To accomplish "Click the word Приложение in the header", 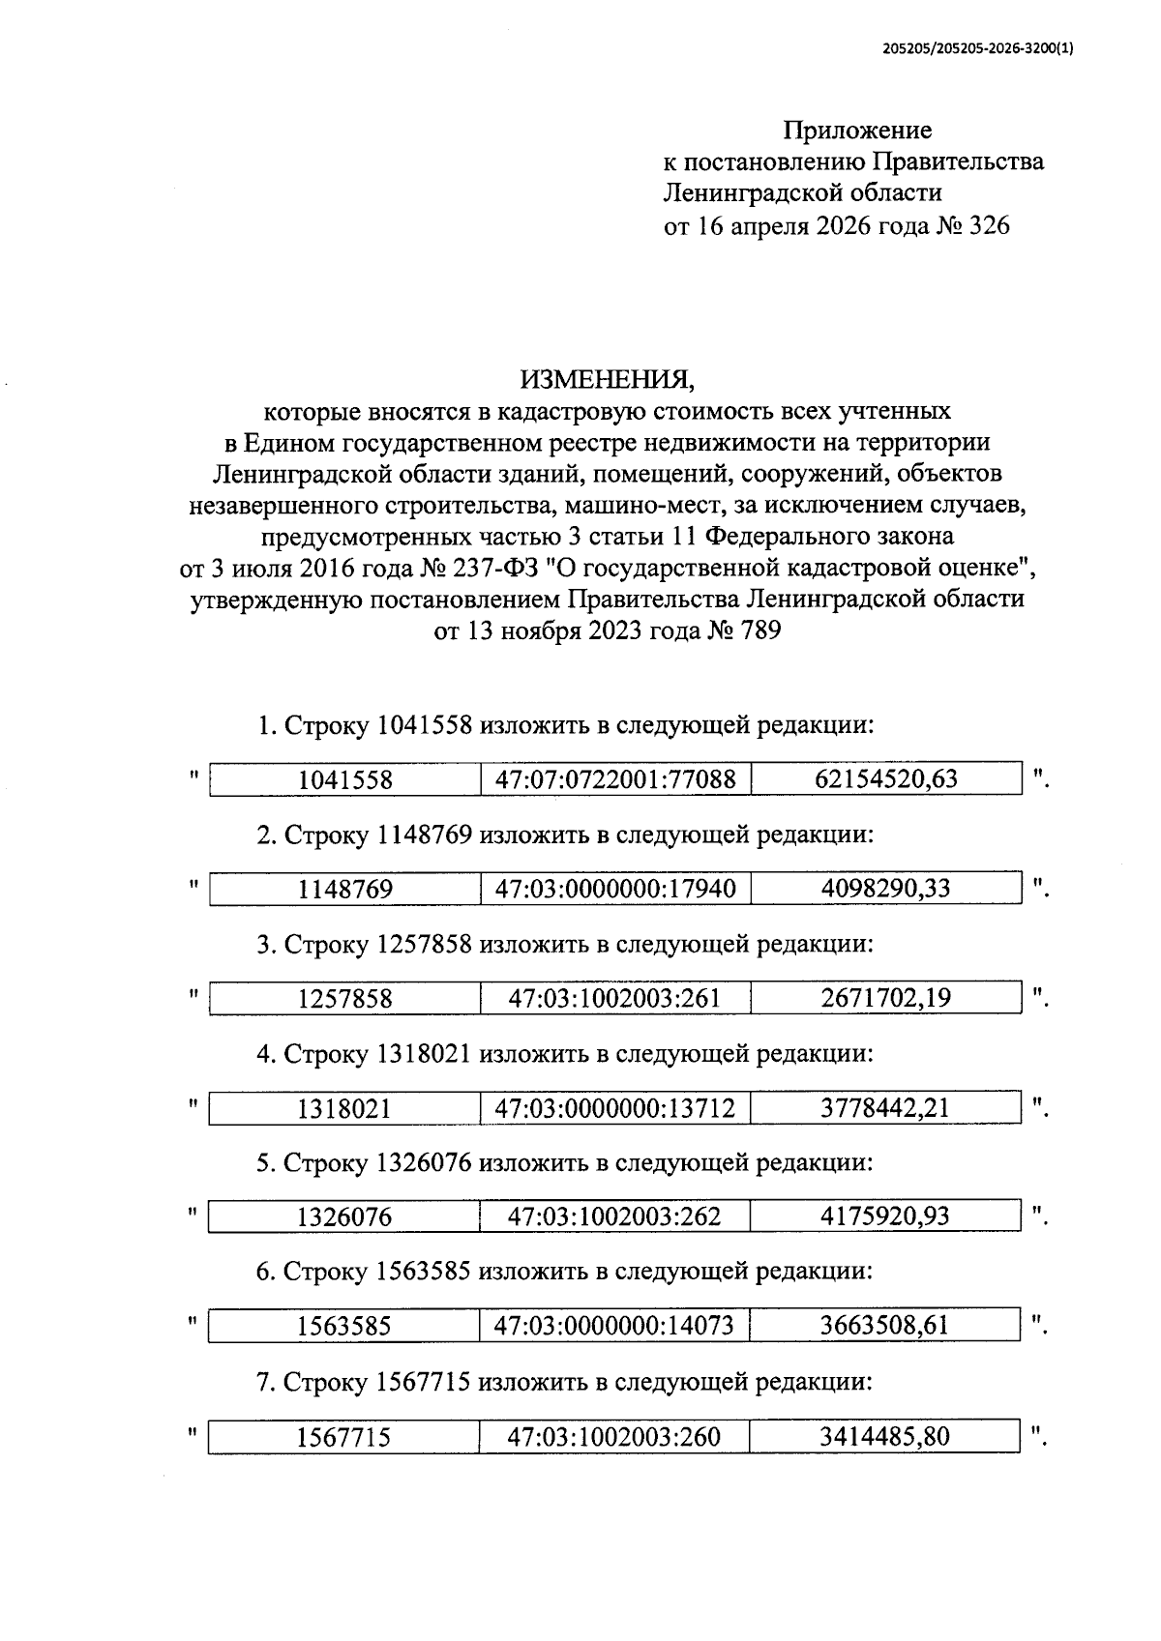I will click(x=857, y=130).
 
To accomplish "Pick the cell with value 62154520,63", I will click(x=885, y=778).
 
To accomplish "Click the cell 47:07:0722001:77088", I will click(x=615, y=778).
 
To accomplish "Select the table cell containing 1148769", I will click(x=345, y=889).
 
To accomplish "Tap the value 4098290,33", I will click(x=885, y=888).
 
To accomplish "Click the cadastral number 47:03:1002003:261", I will click(x=615, y=998).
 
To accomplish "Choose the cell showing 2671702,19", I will click(x=885, y=997).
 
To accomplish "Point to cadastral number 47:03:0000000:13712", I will click(x=615, y=1107).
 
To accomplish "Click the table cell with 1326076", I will click(x=345, y=1216).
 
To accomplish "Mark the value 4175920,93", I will click(x=885, y=1216).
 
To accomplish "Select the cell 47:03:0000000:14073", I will click(x=615, y=1326).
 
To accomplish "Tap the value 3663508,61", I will click(x=885, y=1325).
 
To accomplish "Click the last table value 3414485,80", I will click(x=885, y=1436).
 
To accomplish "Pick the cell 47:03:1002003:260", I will click(x=615, y=1437).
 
